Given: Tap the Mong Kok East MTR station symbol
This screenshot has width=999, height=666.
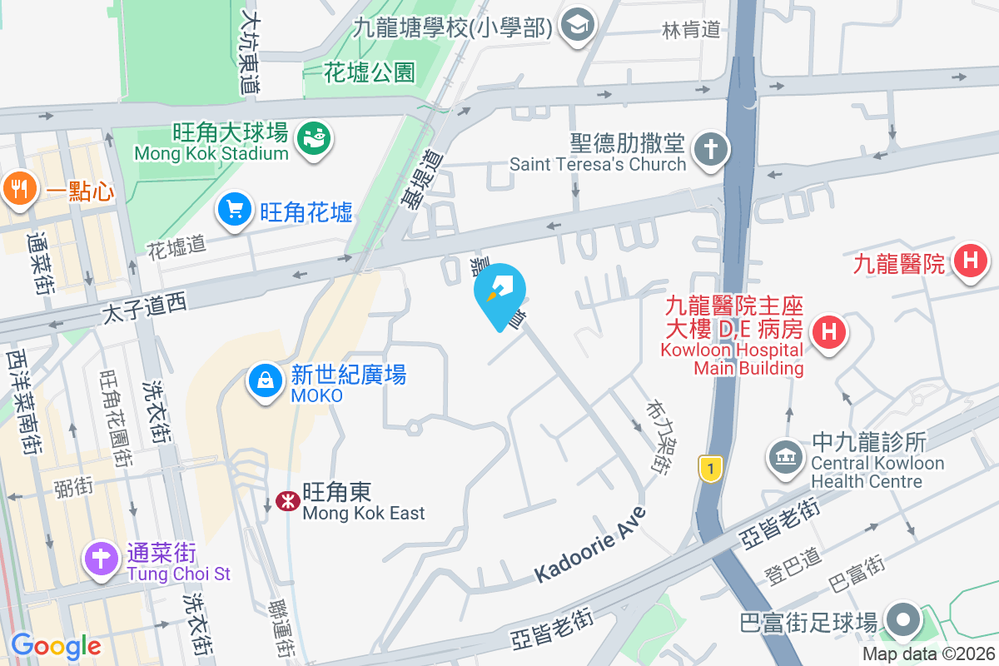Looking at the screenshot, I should point(284,500).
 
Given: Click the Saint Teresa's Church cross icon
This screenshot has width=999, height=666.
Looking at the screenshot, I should point(712,150).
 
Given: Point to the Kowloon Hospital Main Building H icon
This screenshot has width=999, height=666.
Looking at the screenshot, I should point(828,332).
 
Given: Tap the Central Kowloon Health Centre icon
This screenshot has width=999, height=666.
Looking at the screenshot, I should point(785,455).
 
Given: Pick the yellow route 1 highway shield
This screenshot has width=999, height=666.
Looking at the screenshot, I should point(709,468).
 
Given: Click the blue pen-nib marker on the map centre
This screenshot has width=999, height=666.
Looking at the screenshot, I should point(500,294).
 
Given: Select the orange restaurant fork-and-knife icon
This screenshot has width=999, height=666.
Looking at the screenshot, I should point(18,188).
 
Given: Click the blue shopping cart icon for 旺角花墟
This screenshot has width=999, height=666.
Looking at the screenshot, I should point(235,209).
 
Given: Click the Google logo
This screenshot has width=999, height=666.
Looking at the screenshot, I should point(55,645).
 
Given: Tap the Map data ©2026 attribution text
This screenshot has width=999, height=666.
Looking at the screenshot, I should point(928,654).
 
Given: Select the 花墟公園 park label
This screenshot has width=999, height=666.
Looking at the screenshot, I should point(370,72).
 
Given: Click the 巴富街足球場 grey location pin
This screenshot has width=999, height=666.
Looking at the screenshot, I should point(902,620).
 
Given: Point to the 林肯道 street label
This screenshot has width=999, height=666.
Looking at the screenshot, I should point(691,30).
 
